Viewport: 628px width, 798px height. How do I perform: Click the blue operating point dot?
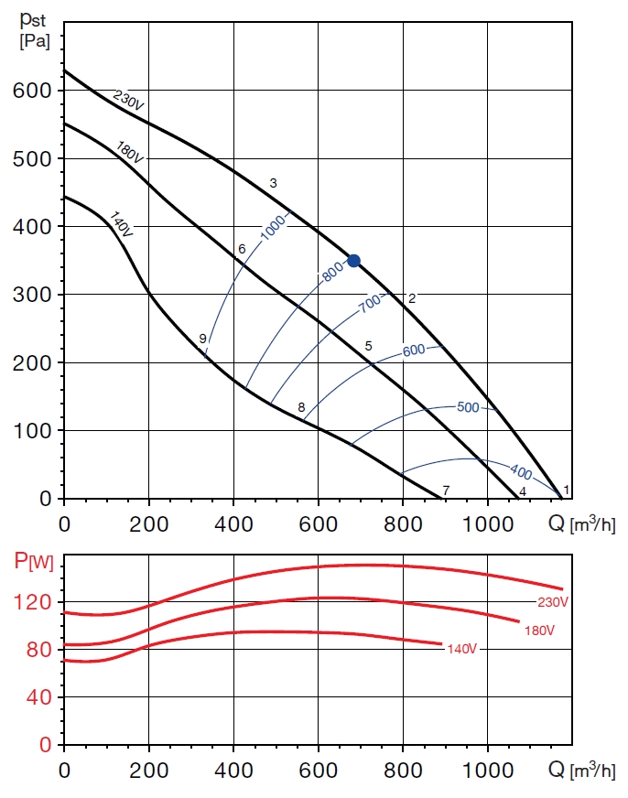pyautogui.click(x=353, y=261)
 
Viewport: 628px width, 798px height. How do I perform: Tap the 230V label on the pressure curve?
pyautogui.click(x=128, y=100)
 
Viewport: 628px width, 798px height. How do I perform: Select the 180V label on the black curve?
pyautogui.click(x=129, y=152)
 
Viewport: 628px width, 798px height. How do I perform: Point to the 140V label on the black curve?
pyautogui.click(x=121, y=224)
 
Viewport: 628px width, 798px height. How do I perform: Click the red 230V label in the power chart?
pyautogui.click(x=553, y=602)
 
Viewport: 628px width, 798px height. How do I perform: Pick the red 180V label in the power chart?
pyautogui.click(x=540, y=631)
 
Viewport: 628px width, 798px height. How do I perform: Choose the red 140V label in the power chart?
pyautogui.click(x=462, y=649)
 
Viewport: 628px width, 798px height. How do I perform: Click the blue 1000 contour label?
pyautogui.click(x=274, y=225)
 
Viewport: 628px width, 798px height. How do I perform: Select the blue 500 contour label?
pyautogui.click(x=467, y=407)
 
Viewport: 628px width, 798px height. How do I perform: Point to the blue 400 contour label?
pyautogui.click(x=520, y=473)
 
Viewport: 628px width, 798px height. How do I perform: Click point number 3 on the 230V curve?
pyautogui.click(x=273, y=184)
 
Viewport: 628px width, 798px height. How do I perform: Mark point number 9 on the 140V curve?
pyautogui.click(x=202, y=339)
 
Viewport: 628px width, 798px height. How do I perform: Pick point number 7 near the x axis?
pyautogui.click(x=446, y=491)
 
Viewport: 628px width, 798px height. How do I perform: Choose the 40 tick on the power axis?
pyautogui.click(x=39, y=697)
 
